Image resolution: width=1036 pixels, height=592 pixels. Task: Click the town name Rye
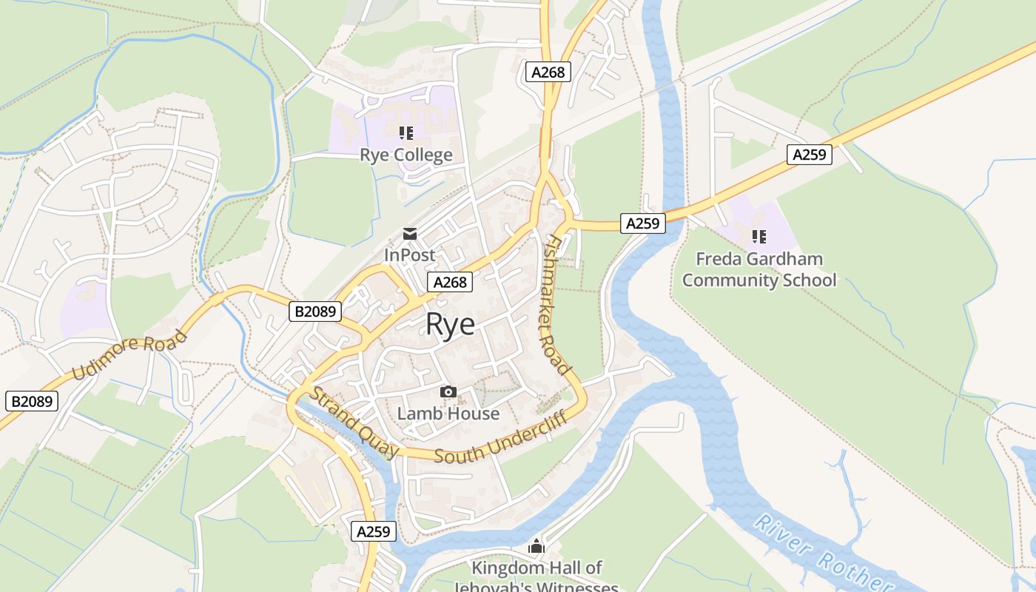(x=450, y=325)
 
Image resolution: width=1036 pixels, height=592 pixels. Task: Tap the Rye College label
(x=406, y=155)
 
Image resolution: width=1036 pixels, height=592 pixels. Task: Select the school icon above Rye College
(x=406, y=133)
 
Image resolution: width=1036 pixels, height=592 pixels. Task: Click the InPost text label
(x=409, y=255)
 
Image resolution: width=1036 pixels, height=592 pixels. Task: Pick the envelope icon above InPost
(x=409, y=235)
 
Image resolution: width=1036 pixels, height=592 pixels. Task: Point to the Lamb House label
(x=448, y=413)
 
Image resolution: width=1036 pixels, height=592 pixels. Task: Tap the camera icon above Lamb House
(x=448, y=391)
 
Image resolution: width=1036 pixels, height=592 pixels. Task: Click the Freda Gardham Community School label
(x=759, y=269)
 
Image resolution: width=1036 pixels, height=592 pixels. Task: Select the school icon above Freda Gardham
(x=758, y=237)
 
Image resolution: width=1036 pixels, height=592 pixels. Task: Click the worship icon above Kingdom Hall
(x=536, y=548)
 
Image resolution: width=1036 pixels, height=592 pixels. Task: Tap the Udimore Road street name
(x=130, y=355)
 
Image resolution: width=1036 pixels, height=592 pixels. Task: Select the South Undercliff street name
(x=500, y=438)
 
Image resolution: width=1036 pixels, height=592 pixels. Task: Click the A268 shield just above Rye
(x=450, y=282)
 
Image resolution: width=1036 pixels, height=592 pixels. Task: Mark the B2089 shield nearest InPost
(x=315, y=312)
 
